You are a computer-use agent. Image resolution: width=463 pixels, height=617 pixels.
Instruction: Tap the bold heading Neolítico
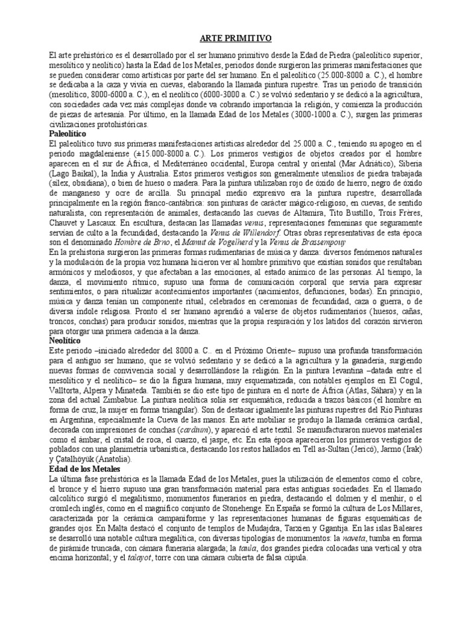click(64, 340)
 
